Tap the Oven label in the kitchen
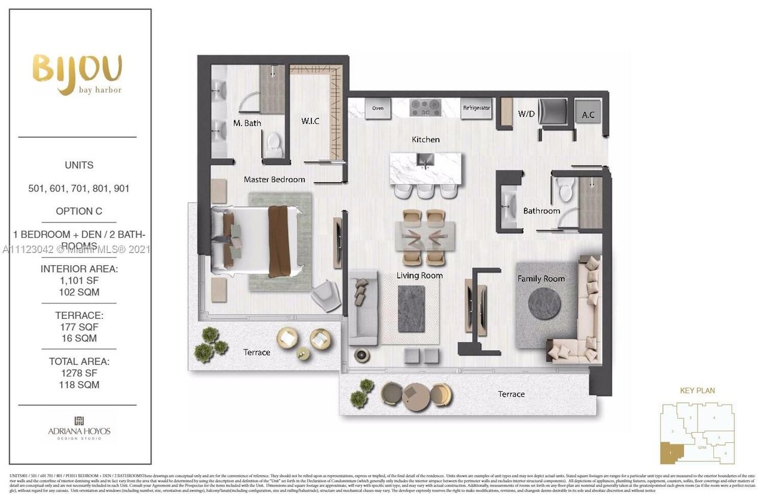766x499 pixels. pyautogui.click(x=378, y=108)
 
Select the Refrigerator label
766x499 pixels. pyautogui.click(x=476, y=108)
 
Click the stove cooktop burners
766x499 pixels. pyautogui.click(x=425, y=107)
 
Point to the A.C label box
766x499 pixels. pyautogui.click(x=588, y=114)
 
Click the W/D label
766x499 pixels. pyautogui.click(x=526, y=113)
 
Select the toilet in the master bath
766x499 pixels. pyautogui.click(x=273, y=144)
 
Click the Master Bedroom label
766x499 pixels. pyautogui.click(x=274, y=179)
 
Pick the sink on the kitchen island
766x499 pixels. pyautogui.click(x=425, y=161)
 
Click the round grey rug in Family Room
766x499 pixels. pyautogui.click(x=545, y=304)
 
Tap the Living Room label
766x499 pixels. pyautogui.click(x=420, y=275)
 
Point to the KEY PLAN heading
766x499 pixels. pyautogui.click(x=697, y=391)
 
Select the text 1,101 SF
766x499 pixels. pyautogui.click(x=79, y=281)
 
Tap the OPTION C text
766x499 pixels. pyautogui.click(x=79, y=211)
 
